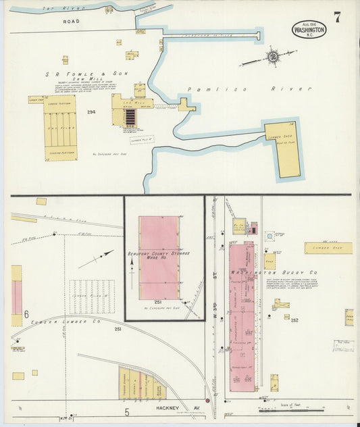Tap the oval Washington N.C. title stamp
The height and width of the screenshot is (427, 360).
[x=309, y=30]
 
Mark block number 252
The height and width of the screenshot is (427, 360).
[x=294, y=321]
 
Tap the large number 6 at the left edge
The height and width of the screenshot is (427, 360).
[x=26, y=314]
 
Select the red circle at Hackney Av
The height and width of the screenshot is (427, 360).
[x=208, y=400]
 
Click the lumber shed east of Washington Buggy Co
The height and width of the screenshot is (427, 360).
[x=328, y=248]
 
